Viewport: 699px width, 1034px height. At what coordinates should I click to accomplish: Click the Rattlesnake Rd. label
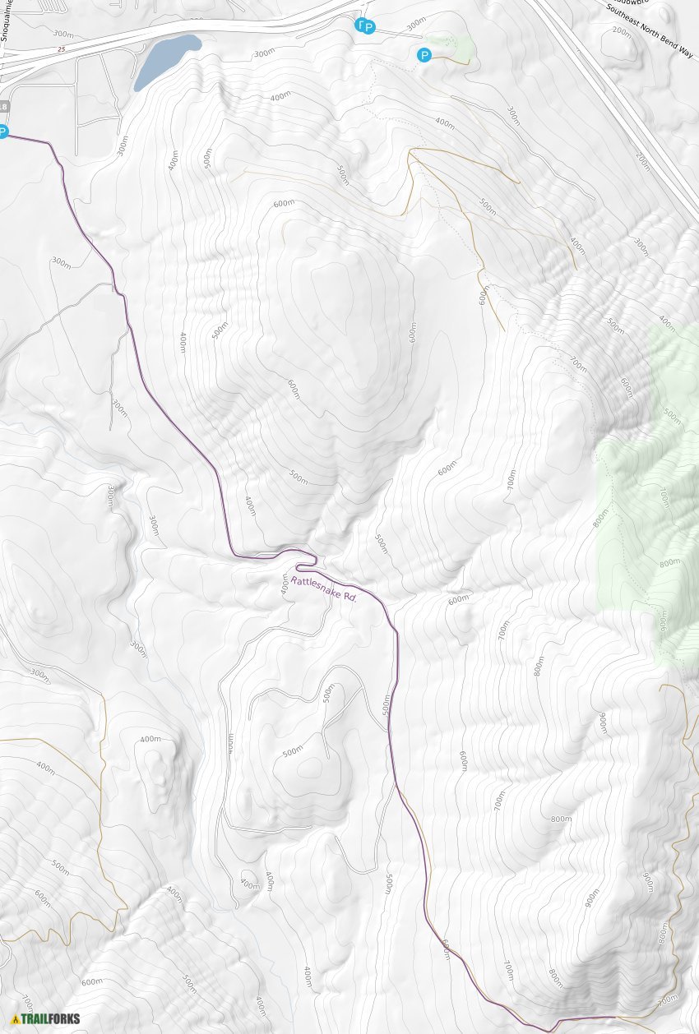pyautogui.click(x=324, y=589)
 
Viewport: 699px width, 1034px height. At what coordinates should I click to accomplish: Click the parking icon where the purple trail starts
pyautogui.click(x=2, y=132)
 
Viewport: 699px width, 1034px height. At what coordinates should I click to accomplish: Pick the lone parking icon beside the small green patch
pyautogui.click(x=424, y=55)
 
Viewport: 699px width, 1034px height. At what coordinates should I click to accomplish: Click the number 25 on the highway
pyautogui.click(x=61, y=50)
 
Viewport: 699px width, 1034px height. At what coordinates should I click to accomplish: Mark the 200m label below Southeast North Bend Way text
pyautogui.click(x=622, y=32)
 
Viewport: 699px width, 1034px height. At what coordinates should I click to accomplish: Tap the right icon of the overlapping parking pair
pyautogui.click(x=369, y=28)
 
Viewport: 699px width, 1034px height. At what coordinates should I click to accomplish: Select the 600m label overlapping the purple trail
pyautogui.click(x=445, y=949)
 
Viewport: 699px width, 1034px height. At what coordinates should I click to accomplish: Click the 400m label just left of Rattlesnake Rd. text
pyautogui.click(x=285, y=585)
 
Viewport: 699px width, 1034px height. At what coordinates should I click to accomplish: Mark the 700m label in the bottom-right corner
pyautogui.click(x=668, y=999)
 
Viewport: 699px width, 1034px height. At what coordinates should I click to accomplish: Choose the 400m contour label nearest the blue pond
pyautogui.click(x=280, y=96)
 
